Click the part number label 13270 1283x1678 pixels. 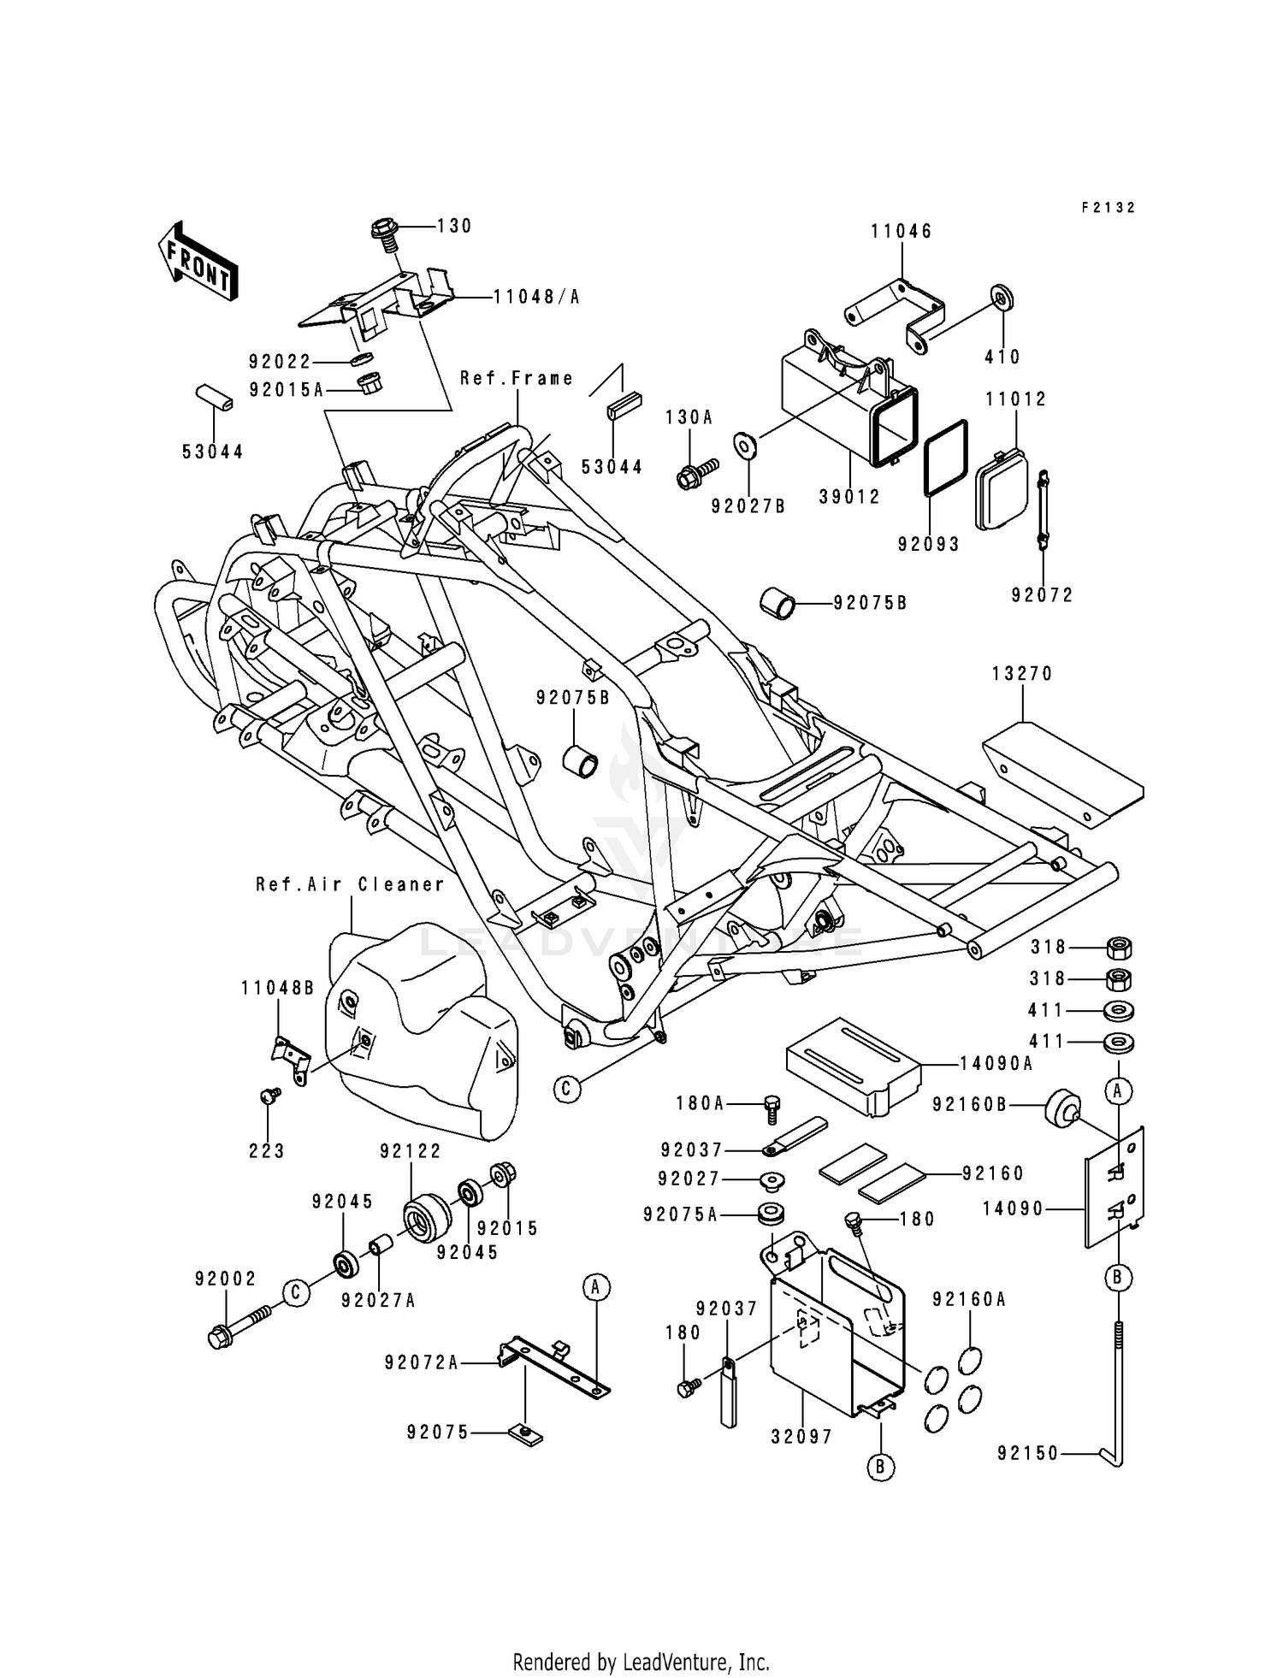tap(1022, 674)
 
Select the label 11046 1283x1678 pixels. tap(902, 232)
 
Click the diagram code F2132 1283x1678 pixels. tap(1108, 208)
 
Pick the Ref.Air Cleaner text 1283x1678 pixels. tap(351, 885)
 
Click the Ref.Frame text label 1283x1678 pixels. tap(517, 378)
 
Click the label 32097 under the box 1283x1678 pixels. tap(801, 1438)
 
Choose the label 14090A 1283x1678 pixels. tap(996, 1064)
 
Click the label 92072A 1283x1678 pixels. tap(421, 1363)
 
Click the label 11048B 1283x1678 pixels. tap(277, 989)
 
